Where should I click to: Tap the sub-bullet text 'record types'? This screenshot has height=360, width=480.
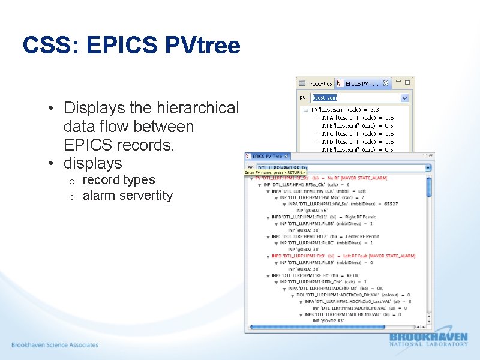click(x=119, y=180)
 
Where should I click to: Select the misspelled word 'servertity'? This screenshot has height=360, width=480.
click(x=148, y=196)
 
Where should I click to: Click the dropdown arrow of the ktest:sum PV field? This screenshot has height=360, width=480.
click(x=404, y=97)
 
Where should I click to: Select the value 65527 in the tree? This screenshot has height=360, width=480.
click(x=390, y=204)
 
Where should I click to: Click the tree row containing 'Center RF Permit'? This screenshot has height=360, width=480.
click(x=327, y=236)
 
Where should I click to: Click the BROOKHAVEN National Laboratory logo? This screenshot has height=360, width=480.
click(x=428, y=339)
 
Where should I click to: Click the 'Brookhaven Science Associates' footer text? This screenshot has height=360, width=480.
click(x=55, y=345)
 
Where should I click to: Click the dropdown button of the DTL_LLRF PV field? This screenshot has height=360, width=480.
click(x=428, y=167)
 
